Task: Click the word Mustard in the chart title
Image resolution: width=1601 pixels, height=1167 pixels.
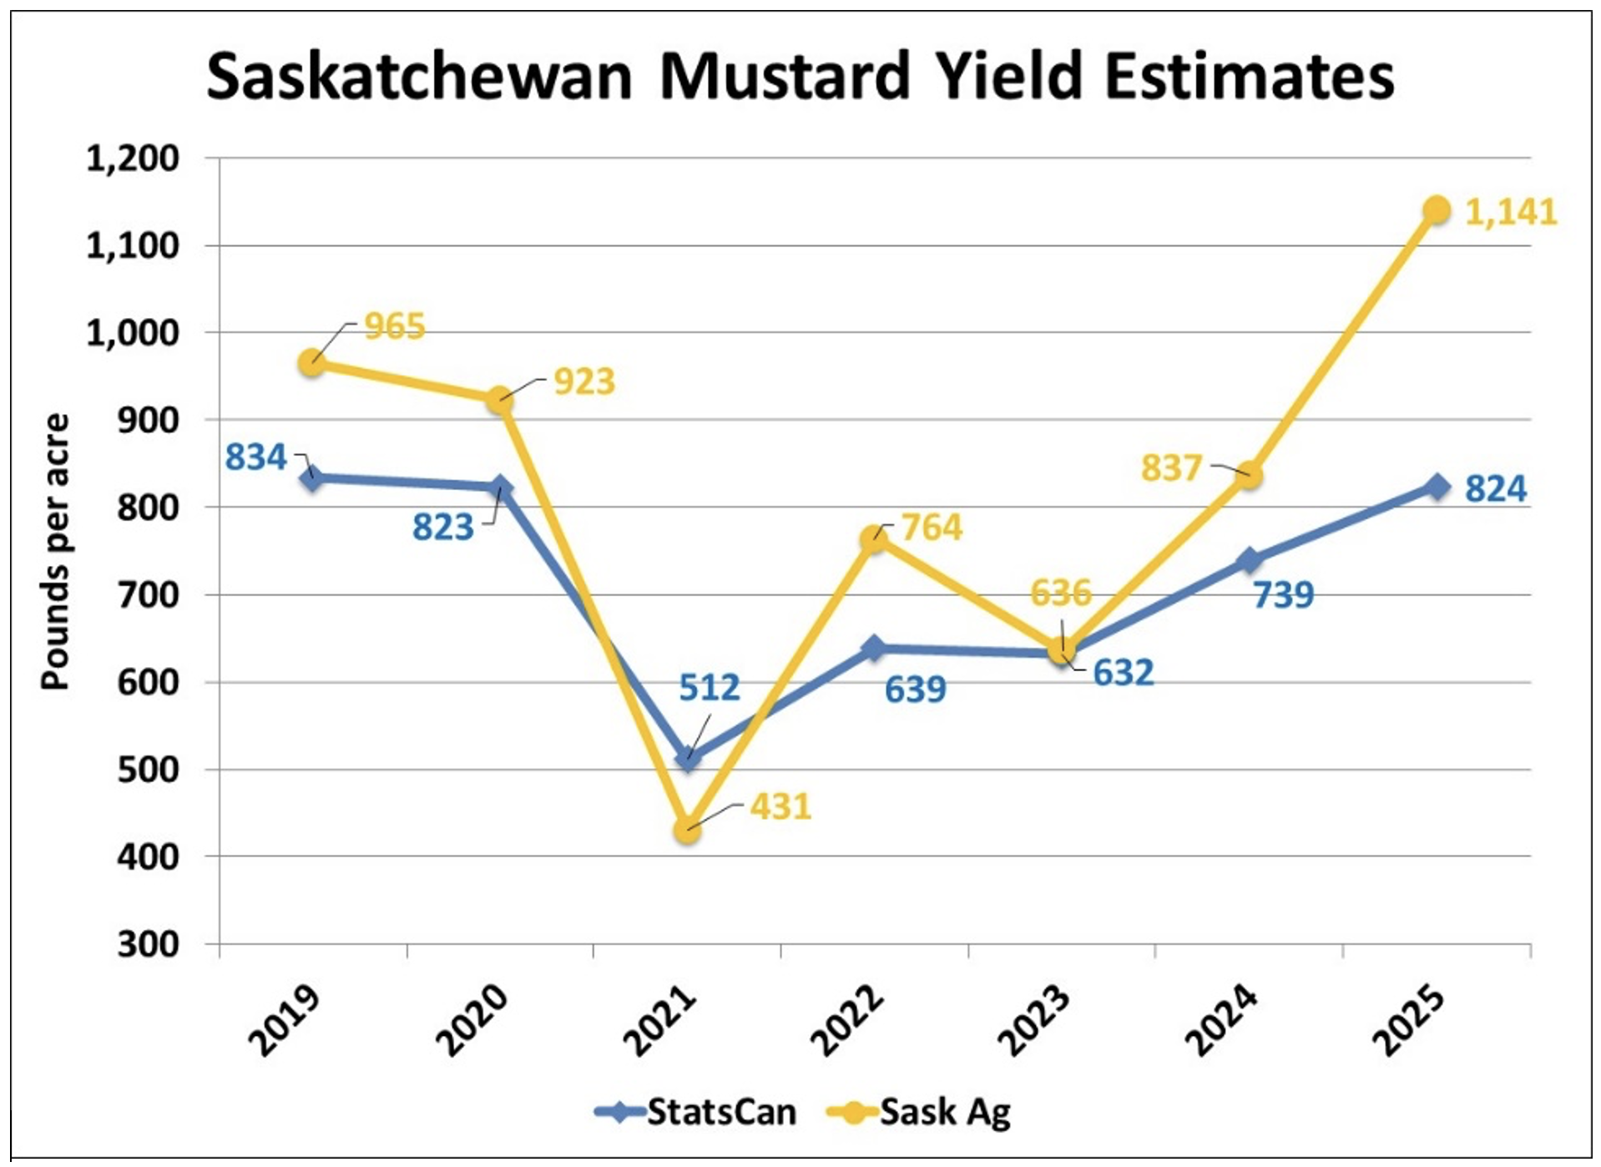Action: (x=784, y=77)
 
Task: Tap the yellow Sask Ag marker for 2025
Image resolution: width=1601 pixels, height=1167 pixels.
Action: (x=1437, y=210)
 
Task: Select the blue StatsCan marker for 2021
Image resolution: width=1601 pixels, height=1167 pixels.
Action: (x=687, y=758)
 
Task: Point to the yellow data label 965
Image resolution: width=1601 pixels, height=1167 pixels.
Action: (x=395, y=326)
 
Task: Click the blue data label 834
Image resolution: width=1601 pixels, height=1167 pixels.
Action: (x=255, y=457)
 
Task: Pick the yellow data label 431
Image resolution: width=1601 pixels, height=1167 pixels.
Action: (x=780, y=806)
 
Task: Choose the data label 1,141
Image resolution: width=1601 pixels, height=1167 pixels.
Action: (x=1511, y=212)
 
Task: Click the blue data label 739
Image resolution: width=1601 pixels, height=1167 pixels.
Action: (x=1283, y=594)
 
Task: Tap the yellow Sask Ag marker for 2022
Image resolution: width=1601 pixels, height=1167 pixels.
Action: (x=874, y=538)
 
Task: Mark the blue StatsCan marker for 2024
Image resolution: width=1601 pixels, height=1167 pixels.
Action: (x=1249, y=560)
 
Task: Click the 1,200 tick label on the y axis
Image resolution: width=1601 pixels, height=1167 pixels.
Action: (x=133, y=158)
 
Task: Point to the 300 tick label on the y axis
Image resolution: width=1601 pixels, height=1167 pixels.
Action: (x=149, y=945)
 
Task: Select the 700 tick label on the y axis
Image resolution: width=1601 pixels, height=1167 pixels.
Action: (x=149, y=595)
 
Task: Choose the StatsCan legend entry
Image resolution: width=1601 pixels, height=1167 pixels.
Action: (x=696, y=1113)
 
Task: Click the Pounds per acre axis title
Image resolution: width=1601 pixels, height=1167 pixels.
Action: (x=55, y=551)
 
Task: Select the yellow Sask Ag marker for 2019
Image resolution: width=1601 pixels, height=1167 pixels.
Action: (x=312, y=363)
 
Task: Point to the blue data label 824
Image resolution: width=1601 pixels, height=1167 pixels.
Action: (x=1495, y=488)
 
